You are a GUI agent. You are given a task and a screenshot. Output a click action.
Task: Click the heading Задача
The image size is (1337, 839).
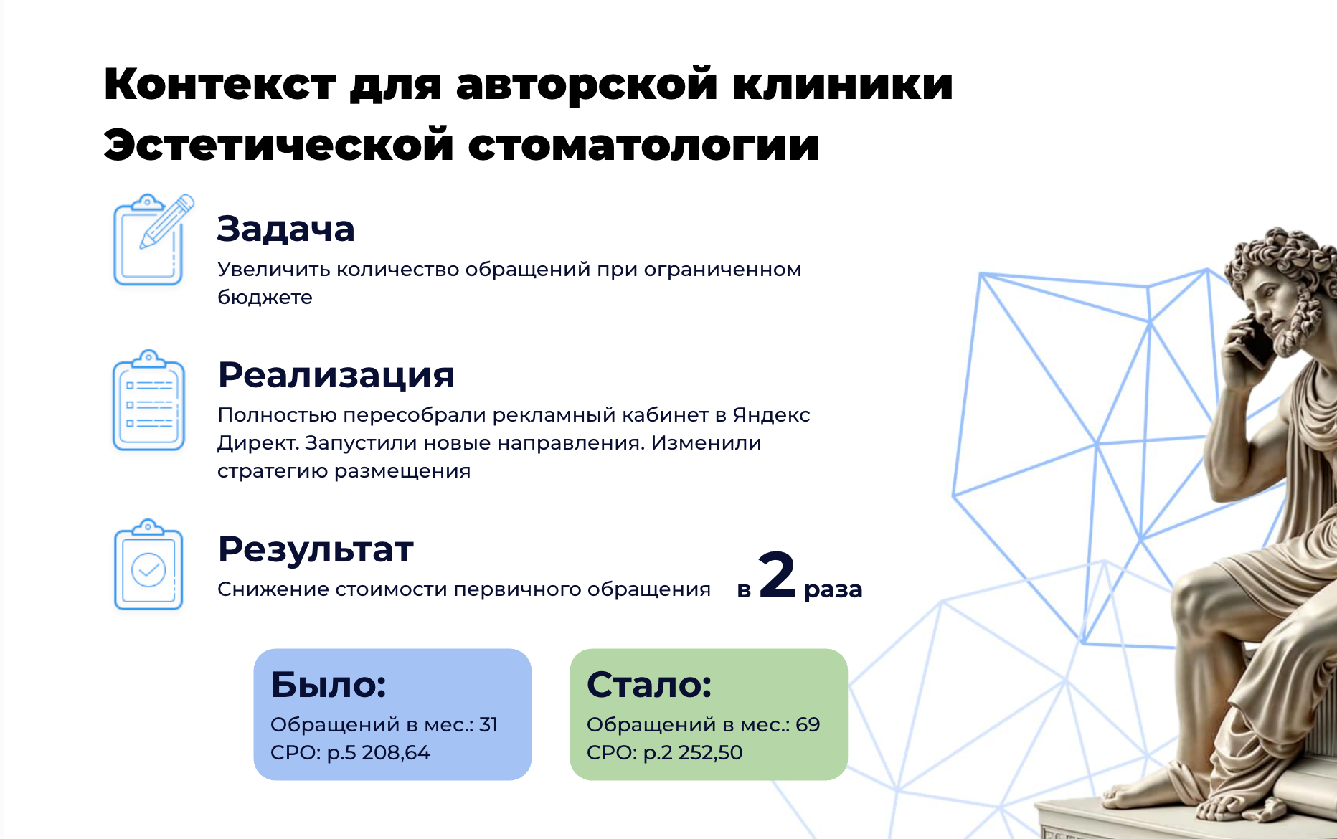click(x=285, y=229)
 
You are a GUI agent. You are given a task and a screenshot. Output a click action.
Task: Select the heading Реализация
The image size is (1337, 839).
click(x=336, y=375)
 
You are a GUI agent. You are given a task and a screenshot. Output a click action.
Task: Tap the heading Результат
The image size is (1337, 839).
click(x=316, y=550)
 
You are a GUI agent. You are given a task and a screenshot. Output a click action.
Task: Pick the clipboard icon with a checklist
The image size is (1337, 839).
click(x=148, y=401)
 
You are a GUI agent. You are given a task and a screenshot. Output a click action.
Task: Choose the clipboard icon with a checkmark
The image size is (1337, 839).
click(x=148, y=566)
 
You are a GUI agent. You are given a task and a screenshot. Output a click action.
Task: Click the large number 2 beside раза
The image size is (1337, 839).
click(x=777, y=576)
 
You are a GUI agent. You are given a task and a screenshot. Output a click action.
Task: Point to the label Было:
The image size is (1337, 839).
click(x=329, y=685)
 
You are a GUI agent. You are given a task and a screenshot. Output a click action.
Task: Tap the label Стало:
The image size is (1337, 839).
click(x=649, y=685)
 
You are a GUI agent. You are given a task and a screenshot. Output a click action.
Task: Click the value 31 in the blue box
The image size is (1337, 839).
click(x=488, y=725)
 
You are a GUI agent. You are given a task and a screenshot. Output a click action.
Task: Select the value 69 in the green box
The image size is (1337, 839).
click(x=808, y=725)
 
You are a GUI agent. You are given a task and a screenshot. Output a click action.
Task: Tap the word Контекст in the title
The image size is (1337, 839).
click(x=219, y=85)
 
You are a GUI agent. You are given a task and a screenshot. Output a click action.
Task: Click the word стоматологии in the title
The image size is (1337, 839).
click(x=643, y=146)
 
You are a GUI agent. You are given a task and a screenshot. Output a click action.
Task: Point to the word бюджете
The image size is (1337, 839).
click(x=265, y=298)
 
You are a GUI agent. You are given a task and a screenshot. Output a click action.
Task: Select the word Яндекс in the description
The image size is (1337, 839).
click(x=772, y=415)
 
